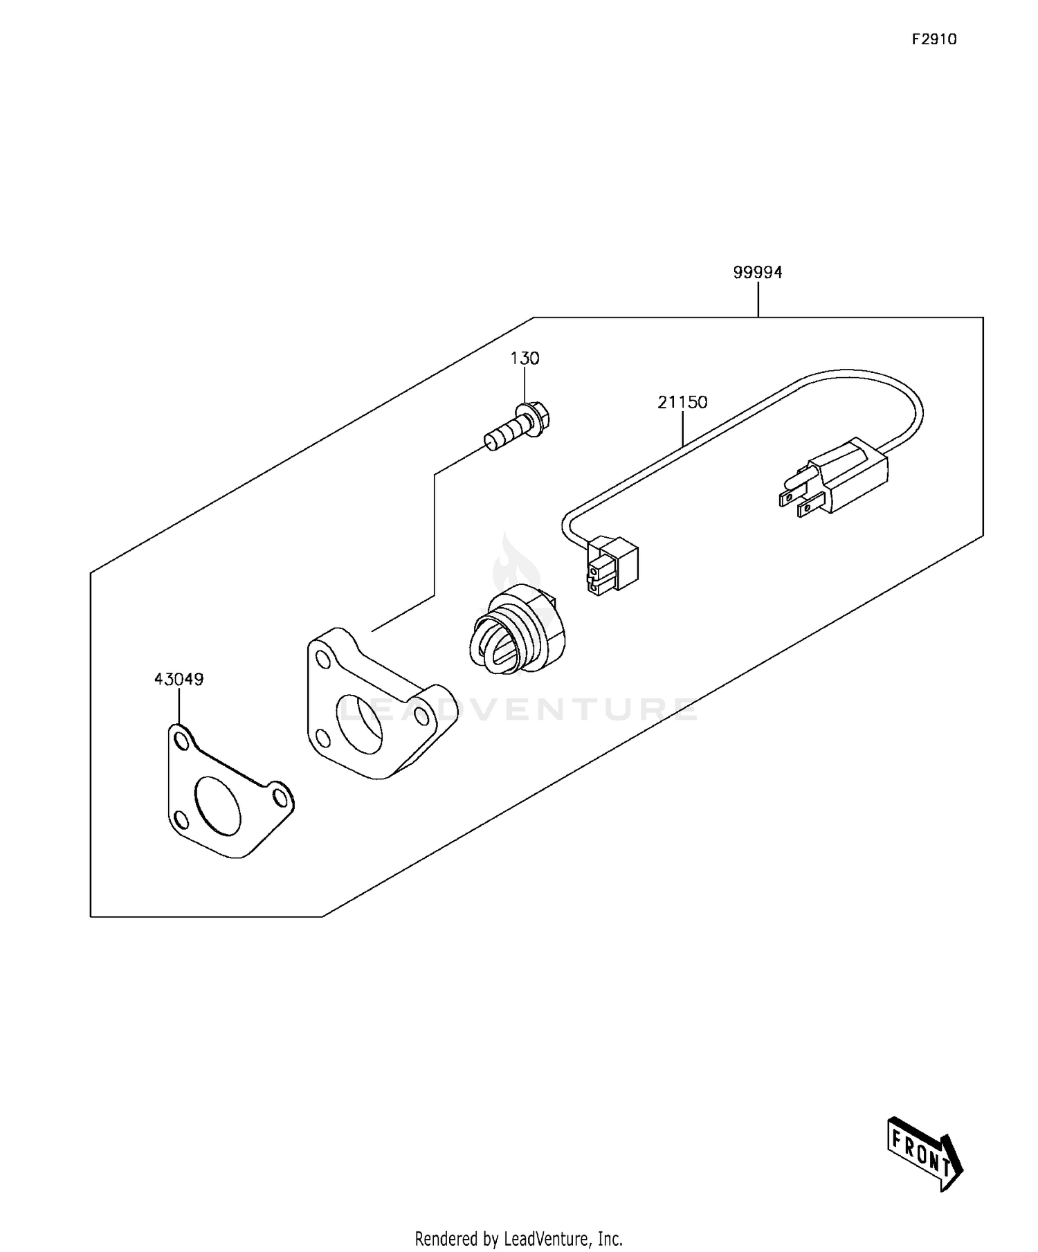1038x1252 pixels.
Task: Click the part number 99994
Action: click(x=758, y=273)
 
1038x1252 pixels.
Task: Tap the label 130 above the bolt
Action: click(x=525, y=359)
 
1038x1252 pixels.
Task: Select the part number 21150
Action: click(x=682, y=402)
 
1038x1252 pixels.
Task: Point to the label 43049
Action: click(x=179, y=680)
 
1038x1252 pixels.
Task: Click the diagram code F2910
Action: click(x=934, y=39)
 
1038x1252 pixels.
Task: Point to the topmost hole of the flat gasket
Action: click(x=182, y=741)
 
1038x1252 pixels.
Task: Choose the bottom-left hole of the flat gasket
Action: click(x=179, y=821)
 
